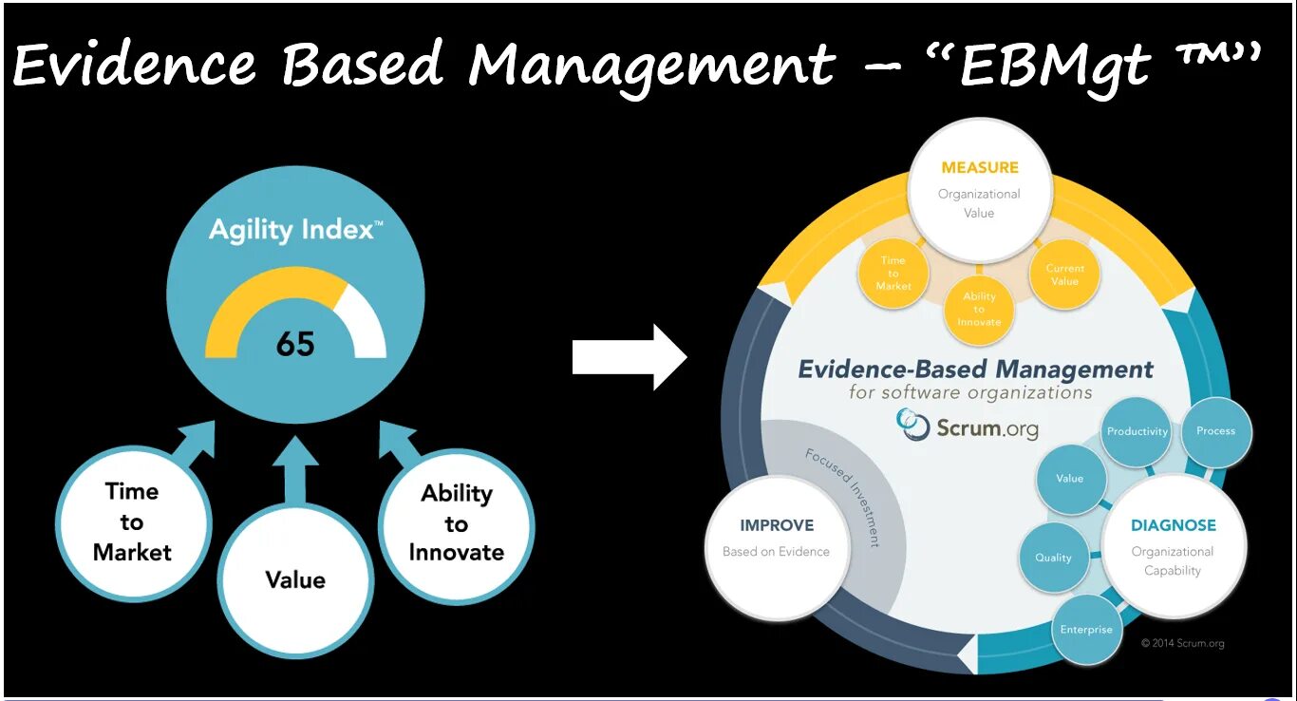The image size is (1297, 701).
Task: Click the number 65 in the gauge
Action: [295, 343]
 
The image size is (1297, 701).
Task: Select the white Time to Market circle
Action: [133, 522]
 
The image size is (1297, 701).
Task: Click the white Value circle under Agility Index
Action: [295, 579]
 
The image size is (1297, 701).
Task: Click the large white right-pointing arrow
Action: [630, 357]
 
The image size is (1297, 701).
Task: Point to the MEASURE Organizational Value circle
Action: [979, 189]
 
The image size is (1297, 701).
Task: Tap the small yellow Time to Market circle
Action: [893, 273]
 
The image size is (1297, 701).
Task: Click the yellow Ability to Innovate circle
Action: [979, 309]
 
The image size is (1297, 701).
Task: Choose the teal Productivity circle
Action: [1137, 431]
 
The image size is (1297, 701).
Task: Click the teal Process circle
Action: [1215, 431]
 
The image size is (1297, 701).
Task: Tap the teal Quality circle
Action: [1053, 558]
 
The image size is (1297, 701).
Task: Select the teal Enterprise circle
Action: [1086, 630]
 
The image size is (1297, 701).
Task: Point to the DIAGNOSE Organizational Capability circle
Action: [1173, 547]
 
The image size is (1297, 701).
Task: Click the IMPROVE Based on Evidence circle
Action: [776, 538]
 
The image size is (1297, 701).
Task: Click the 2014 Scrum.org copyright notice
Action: [1182, 643]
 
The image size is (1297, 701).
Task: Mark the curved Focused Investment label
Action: [843, 497]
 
